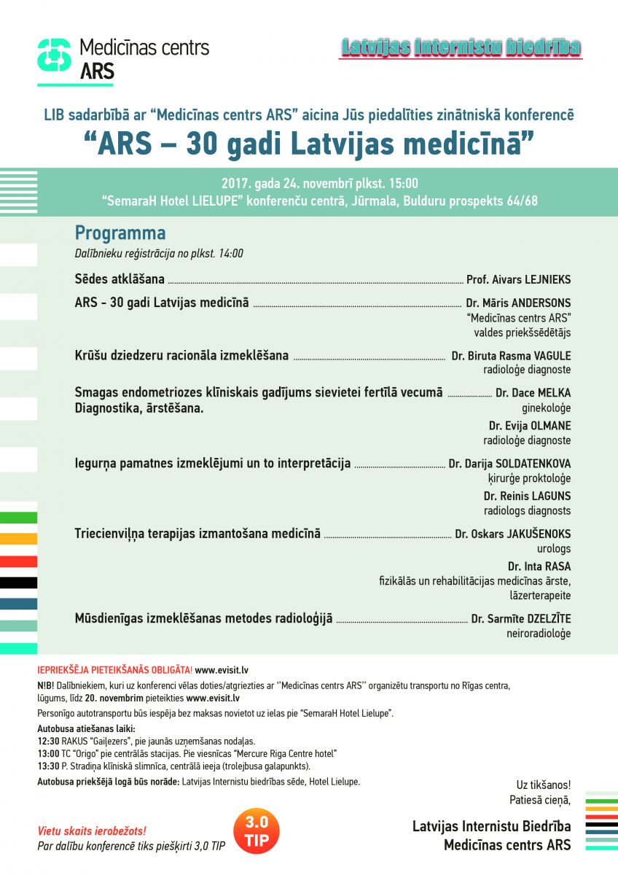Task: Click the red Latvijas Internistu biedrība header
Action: (461, 48)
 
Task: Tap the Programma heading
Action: (120, 233)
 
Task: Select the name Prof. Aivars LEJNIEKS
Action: (519, 279)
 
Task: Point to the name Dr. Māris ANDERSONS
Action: (519, 303)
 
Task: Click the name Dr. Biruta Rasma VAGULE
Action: (511, 356)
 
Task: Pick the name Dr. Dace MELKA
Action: (533, 393)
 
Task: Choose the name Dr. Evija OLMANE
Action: (530, 426)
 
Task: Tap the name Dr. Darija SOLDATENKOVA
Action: (509, 464)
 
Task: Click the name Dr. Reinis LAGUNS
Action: (527, 496)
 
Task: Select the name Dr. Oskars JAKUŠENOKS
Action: (513, 534)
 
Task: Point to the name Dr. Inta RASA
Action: (539, 566)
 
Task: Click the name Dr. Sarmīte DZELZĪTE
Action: (521, 619)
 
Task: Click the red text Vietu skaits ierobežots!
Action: (92, 831)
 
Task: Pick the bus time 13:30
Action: (49, 766)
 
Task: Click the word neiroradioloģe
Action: (539, 634)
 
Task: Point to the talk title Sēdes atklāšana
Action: (120, 279)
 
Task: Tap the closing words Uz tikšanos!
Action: (544, 785)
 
